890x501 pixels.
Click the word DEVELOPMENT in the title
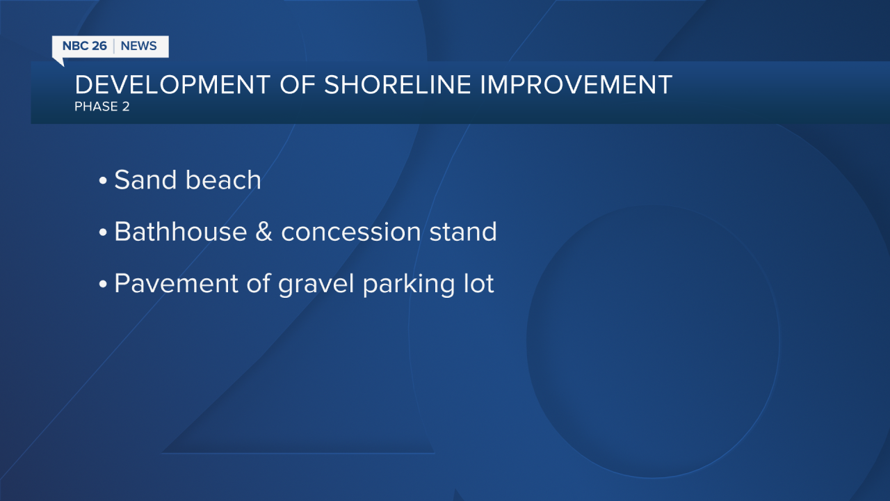click(173, 85)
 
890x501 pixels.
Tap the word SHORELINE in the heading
click(397, 85)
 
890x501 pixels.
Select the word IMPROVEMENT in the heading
click(576, 85)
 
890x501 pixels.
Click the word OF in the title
click(298, 85)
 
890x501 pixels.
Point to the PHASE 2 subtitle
click(102, 106)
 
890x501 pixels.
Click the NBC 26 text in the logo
click(85, 46)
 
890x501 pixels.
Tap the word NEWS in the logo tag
click(138, 46)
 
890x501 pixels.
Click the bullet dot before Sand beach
click(103, 180)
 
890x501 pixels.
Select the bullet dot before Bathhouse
click(103, 232)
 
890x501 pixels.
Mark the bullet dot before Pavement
click(103, 284)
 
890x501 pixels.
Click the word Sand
click(145, 180)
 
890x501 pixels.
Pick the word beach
click(223, 180)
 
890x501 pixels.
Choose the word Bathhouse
click(181, 231)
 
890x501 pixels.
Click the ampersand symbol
click(264, 232)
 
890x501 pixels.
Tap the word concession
click(351, 232)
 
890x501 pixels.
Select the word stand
click(463, 231)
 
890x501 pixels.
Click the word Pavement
click(177, 283)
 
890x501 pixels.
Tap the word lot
click(479, 283)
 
